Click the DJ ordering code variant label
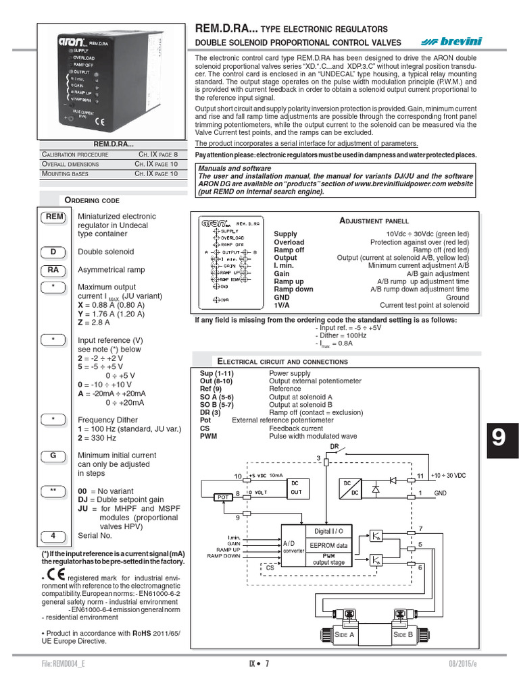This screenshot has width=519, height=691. point(84,500)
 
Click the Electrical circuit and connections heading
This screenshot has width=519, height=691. point(282,361)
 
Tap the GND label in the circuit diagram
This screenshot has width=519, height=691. point(439,493)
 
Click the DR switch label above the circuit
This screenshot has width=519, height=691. point(334,447)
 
